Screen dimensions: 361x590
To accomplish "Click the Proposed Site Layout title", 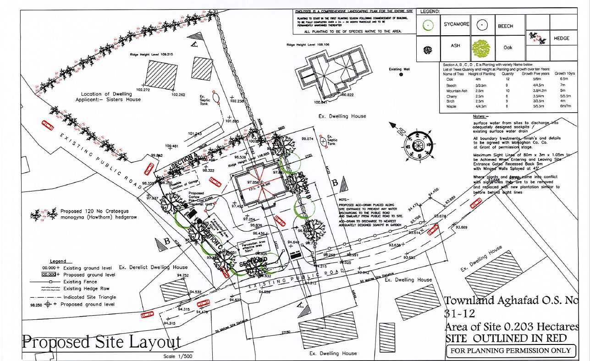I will click(101, 342).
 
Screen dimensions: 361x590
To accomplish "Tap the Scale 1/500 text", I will click(179, 356).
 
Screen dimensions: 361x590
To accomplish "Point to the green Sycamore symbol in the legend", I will click(428, 26).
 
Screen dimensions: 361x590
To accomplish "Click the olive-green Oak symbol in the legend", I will click(481, 48).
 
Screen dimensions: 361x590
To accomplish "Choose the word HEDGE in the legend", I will click(561, 38).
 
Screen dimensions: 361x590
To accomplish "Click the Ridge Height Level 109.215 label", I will click(149, 54).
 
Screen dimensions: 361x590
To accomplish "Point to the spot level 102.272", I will click(143, 90).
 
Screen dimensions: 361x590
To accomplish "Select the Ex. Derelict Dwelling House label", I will click(153, 267).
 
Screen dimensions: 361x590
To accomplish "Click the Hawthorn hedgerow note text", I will click(99, 215).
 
